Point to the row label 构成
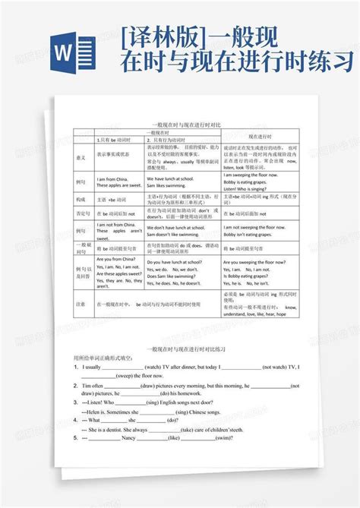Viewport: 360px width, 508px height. click(x=81, y=199)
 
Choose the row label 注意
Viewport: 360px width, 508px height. click(x=81, y=303)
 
